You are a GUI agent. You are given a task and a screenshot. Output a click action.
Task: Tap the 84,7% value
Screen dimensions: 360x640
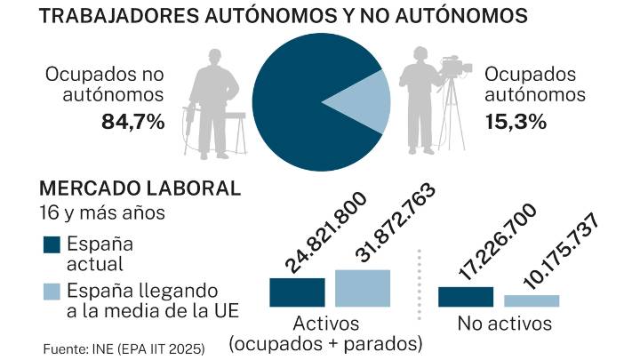point(133,123)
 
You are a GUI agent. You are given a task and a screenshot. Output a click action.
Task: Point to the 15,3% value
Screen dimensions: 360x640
point(515,123)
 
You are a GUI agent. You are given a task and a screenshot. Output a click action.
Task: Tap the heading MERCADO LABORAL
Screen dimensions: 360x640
point(140,188)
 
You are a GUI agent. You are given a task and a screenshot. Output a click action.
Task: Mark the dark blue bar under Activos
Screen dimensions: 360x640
point(297,292)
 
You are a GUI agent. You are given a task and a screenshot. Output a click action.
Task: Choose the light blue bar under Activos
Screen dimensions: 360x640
point(363,288)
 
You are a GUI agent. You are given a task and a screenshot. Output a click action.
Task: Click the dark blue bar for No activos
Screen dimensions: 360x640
point(466,297)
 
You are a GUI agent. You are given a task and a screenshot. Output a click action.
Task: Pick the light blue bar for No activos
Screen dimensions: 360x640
point(532,300)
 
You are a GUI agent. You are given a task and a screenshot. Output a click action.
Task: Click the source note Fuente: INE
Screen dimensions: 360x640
point(124,348)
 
